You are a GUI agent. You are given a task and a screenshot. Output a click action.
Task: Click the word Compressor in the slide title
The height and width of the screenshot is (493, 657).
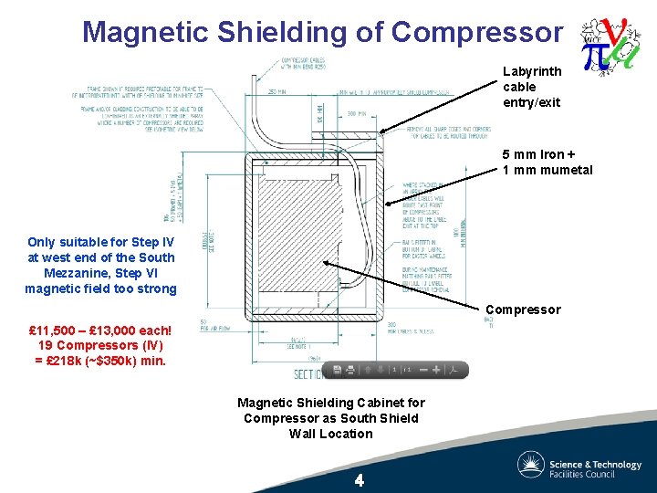(x=476, y=33)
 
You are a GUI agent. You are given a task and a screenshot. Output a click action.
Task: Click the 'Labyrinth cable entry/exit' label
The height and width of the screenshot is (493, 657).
(x=532, y=87)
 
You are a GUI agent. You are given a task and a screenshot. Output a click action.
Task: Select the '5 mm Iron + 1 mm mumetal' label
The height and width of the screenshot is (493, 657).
(x=547, y=163)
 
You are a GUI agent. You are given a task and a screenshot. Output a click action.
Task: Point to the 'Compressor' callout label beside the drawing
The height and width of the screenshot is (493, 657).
(x=523, y=309)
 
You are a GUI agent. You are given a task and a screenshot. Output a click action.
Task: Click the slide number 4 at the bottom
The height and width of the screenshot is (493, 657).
(x=360, y=480)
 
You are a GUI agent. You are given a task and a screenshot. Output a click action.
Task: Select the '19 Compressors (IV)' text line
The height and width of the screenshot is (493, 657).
(x=100, y=345)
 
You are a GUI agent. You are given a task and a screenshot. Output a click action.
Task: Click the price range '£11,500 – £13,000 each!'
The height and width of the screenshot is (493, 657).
(x=100, y=330)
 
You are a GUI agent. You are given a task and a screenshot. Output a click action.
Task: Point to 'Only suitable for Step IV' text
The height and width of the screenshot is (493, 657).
(x=100, y=242)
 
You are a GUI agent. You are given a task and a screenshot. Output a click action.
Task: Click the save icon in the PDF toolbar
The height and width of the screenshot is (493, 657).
(x=338, y=370)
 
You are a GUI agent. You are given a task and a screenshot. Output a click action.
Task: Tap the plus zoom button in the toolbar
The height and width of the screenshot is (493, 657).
(x=436, y=370)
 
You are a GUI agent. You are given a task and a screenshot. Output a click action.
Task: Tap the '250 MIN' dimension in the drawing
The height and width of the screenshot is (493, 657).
(x=277, y=92)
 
